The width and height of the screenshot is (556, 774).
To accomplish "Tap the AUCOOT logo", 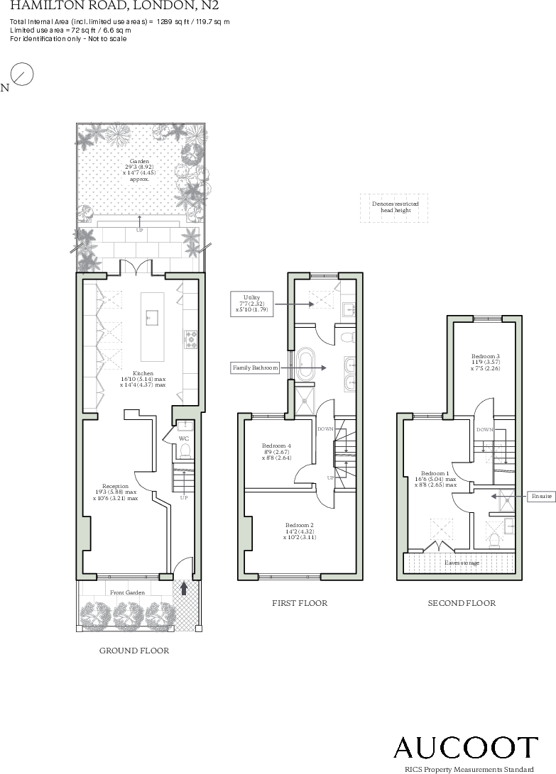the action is pyautogui.click(x=466, y=747).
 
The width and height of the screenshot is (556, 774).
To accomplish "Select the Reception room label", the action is pyautogui.click(x=115, y=492).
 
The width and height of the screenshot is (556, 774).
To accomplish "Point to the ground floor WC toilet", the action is pyautogui.click(x=185, y=451).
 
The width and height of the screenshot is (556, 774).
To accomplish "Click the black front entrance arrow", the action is pyautogui.click(x=184, y=588).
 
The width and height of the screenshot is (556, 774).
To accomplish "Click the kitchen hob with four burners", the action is pyautogui.click(x=191, y=339).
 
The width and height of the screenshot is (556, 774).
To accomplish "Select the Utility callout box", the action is pyautogui.click(x=251, y=304).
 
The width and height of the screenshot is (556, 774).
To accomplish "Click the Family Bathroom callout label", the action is pyautogui.click(x=255, y=367).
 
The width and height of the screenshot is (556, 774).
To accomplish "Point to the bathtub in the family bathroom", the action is pyautogui.click(x=305, y=366).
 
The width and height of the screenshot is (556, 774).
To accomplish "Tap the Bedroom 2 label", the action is pyautogui.click(x=300, y=531).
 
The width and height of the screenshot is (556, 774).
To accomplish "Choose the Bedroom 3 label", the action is pyautogui.click(x=485, y=362).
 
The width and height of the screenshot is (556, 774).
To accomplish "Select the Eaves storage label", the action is pyautogui.click(x=462, y=563).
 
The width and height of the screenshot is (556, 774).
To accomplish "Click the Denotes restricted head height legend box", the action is pyautogui.click(x=394, y=207).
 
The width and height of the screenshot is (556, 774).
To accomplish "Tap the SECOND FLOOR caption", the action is pyautogui.click(x=462, y=603).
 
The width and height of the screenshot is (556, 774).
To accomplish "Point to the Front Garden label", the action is pyautogui.click(x=128, y=592).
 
